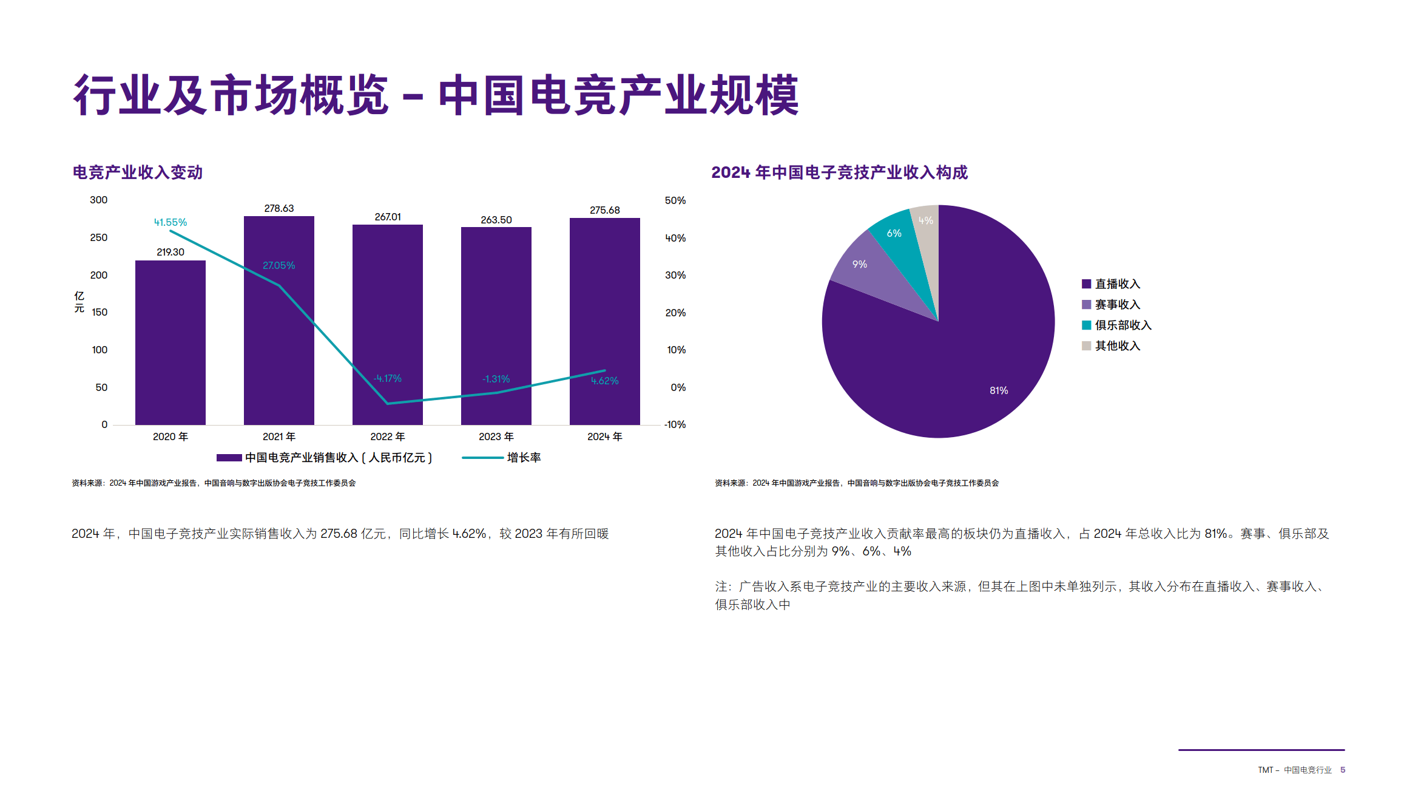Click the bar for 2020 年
pyautogui.click(x=170, y=342)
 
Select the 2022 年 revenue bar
pyautogui.click(x=388, y=325)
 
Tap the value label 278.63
pyautogui.click(x=279, y=208)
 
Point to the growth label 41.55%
pyautogui.click(x=170, y=222)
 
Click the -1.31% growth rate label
pyautogui.click(x=496, y=379)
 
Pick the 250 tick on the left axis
pyautogui.click(x=99, y=237)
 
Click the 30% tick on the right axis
pyautogui.click(x=675, y=275)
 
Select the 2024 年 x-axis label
pyautogui.click(x=605, y=436)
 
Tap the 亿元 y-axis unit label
pyautogui.click(x=79, y=302)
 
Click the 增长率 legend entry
pyautogui.click(x=501, y=457)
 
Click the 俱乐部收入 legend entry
pyautogui.click(x=1116, y=325)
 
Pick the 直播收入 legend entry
pyautogui.click(x=1111, y=284)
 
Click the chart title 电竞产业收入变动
pyautogui.click(x=138, y=172)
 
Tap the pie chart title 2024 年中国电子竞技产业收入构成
pyautogui.click(x=839, y=172)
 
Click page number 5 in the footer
pyautogui.click(x=1343, y=770)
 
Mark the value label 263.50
pyautogui.click(x=496, y=220)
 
